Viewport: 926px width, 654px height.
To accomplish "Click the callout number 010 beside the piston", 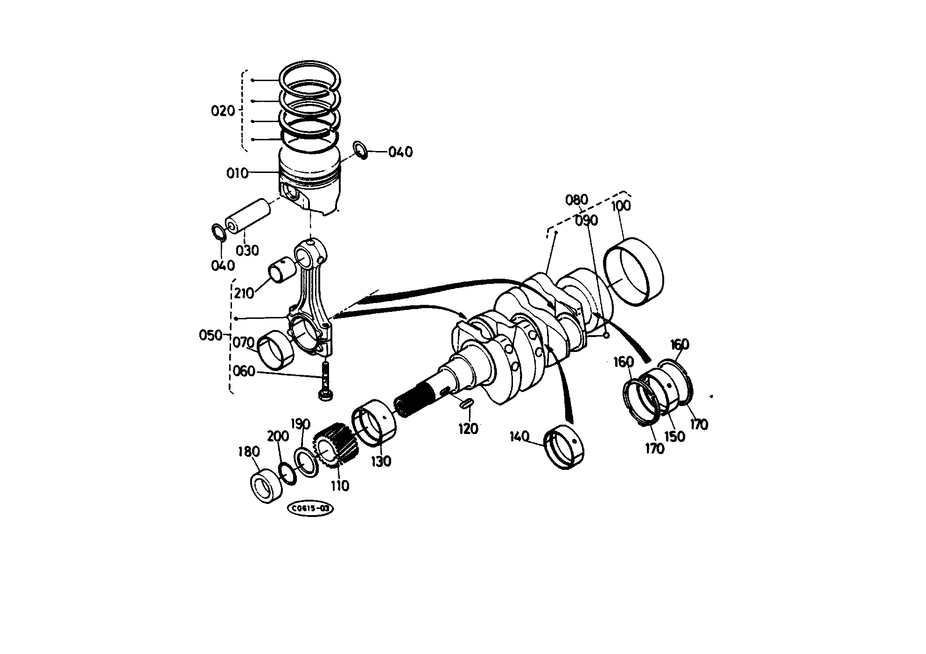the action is (x=237, y=173).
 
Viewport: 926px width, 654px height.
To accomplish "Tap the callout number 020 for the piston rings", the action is (x=223, y=111).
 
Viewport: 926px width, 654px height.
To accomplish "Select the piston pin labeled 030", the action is (x=248, y=217).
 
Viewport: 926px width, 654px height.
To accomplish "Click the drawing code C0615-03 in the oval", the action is (x=311, y=509).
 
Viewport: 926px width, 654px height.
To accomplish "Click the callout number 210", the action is (x=244, y=293).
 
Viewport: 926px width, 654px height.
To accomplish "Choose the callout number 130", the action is (x=381, y=461).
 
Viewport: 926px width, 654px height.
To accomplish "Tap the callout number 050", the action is (x=210, y=335).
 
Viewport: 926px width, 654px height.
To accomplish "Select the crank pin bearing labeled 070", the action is (x=275, y=350).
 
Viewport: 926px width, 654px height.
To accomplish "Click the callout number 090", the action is (x=586, y=220).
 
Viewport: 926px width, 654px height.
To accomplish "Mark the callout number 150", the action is (x=674, y=436).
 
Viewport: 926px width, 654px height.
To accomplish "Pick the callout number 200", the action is (x=278, y=437).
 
